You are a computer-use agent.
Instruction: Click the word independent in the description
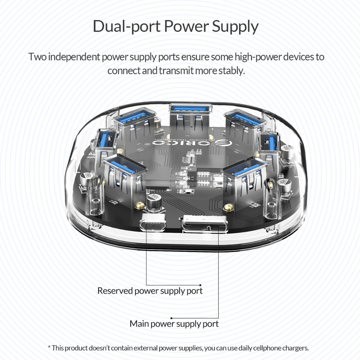[x=74, y=57]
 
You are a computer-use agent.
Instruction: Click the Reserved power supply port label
[x=150, y=291]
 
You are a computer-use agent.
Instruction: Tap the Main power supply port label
[x=174, y=324]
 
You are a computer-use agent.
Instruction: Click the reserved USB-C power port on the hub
[x=153, y=222]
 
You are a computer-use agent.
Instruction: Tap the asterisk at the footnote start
[x=49, y=347]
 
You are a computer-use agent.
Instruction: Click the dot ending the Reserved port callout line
[x=200, y=285]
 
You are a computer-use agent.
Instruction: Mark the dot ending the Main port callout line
[x=172, y=318]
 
